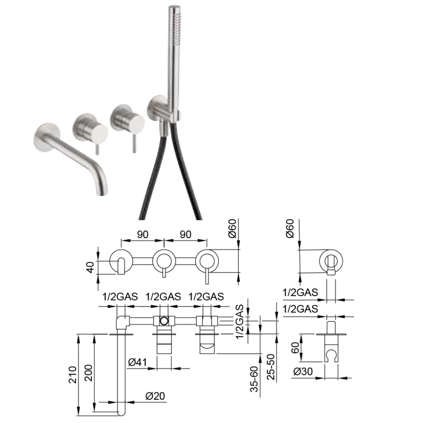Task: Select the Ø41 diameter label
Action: (x=138, y=362)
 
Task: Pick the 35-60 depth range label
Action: (x=254, y=378)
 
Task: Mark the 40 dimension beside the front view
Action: (x=90, y=268)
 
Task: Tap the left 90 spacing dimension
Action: (x=142, y=235)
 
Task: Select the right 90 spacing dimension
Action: (x=185, y=235)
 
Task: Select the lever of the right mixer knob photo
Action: (x=133, y=145)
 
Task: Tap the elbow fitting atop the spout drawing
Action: (x=123, y=321)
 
